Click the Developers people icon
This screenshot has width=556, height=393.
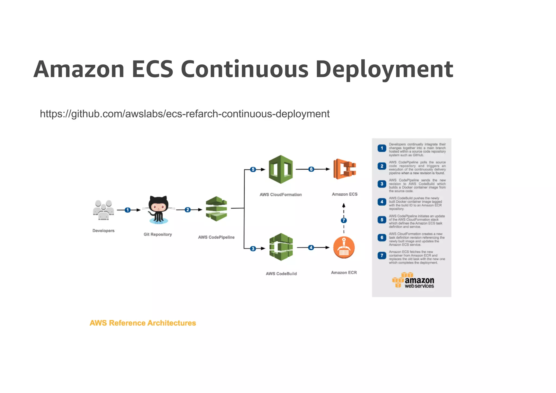coord(103,210)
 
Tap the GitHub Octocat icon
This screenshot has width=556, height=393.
coord(158,209)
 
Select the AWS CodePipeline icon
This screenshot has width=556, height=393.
coord(216,209)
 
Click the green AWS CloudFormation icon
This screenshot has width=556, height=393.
coord(281,169)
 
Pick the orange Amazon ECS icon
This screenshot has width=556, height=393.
coord(345,169)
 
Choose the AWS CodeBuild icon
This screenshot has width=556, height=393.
coord(281,247)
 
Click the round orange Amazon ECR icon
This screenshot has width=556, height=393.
coord(344,247)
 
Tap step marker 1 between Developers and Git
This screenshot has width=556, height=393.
coord(128,210)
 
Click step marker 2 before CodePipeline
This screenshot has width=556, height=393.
coord(188,210)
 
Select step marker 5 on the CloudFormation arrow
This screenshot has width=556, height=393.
coord(253,169)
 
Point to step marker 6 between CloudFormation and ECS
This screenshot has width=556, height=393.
coord(311,169)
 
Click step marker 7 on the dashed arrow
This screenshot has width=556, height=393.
coord(344,220)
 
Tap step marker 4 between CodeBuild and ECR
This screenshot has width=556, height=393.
coord(311,247)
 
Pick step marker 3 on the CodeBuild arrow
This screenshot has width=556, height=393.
coord(253,249)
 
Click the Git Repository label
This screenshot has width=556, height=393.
coord(158,234)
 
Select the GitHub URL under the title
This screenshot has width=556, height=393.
coord(185,114)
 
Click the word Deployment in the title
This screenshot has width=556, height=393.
coord(384,70)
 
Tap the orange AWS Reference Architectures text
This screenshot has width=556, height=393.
coord(143,323)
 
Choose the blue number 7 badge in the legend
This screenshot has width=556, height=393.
coord(382,256)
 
